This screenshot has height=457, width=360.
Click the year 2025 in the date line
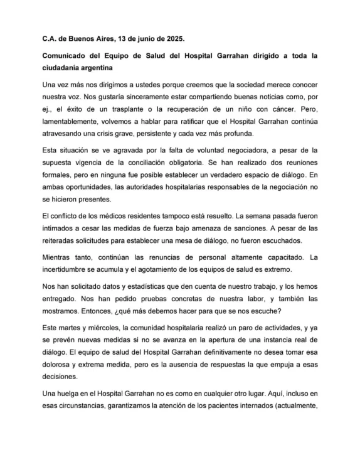159,37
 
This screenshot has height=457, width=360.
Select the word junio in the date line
124,37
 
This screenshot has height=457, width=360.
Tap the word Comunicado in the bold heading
64,55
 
